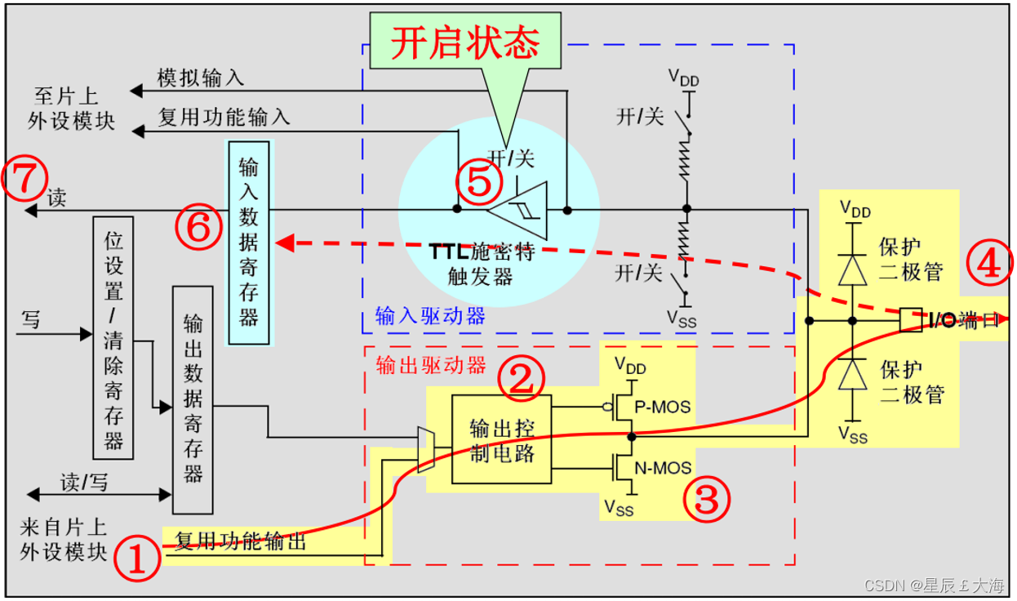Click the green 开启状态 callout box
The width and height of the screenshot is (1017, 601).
tap(466, 42)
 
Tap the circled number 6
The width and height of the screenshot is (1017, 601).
tap(198, 229)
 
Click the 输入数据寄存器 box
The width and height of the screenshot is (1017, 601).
tap(248, 242)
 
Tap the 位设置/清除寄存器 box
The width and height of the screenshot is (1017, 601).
tap(113, 337)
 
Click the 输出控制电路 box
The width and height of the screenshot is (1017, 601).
tap(501, 439)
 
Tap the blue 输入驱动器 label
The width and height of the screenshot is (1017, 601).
tap(430, 316)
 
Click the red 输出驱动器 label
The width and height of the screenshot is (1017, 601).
tap(430, 364)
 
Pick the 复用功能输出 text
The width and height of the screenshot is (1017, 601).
tap(240, 541)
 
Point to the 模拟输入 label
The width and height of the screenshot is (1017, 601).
tap(200, 78)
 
